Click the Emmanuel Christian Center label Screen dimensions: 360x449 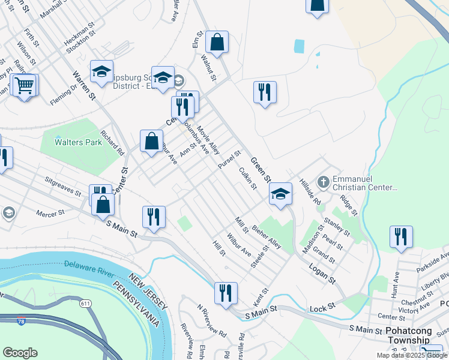pyautogui.click(x=366, y=183)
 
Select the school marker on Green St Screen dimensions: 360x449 pyautogui.click(x=280, y=194)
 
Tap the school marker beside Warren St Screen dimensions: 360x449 pyautogui.click(x=102, y=71)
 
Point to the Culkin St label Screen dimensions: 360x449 pyautogui.click(x=248, y=178)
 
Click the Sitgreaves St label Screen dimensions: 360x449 pyautogui.click(x=63, y=186)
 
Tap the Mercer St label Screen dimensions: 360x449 pyautogui.click(x=50, y=213)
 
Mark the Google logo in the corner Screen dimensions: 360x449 pyautogui.click(x=20, y=353)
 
